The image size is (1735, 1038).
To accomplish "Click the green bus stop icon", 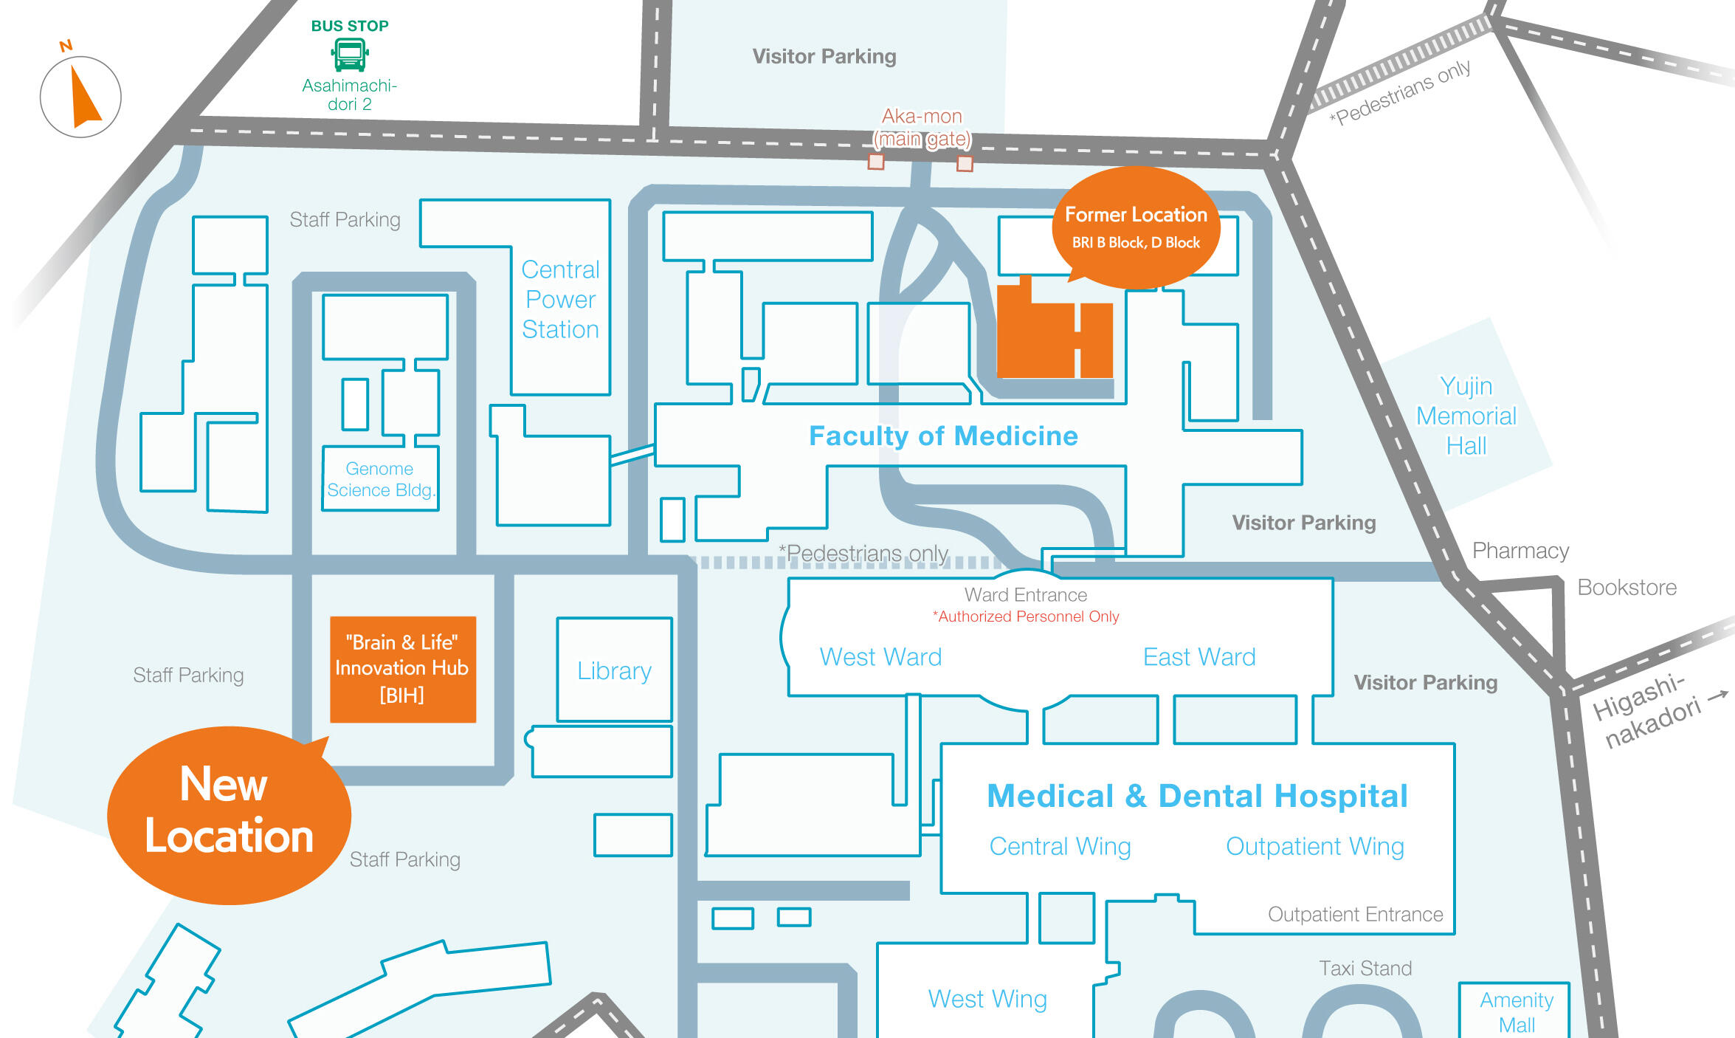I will point(350,55).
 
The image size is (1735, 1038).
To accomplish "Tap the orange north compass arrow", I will point(84,97).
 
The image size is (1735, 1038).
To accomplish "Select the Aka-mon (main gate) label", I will point(922,128).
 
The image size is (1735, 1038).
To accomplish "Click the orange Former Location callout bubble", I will point(1136,227).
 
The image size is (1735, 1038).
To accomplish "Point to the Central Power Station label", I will point(560,299).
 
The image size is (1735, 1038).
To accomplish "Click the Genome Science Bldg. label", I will point(380,479).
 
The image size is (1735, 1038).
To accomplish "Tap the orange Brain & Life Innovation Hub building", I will point(402,669).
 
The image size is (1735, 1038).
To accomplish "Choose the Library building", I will point(614,670).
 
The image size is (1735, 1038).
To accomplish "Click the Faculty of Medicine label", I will point(943,436).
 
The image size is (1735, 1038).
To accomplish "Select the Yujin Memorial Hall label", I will point(1466,416).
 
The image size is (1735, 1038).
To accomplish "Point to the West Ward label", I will point(880,656).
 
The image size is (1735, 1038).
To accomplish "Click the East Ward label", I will point(1199,656).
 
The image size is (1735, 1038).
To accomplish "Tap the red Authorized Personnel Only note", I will point(1025,616).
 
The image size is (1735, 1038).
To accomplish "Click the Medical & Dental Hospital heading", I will point(1197,796).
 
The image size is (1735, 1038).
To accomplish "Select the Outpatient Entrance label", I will point(1355,914).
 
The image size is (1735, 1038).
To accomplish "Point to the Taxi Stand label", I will point(1365,968).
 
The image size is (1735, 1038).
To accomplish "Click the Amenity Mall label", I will point(1517,1011).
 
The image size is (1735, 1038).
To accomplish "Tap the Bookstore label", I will point(1627,587).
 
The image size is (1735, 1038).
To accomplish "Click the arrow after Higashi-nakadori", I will point(1718,695).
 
